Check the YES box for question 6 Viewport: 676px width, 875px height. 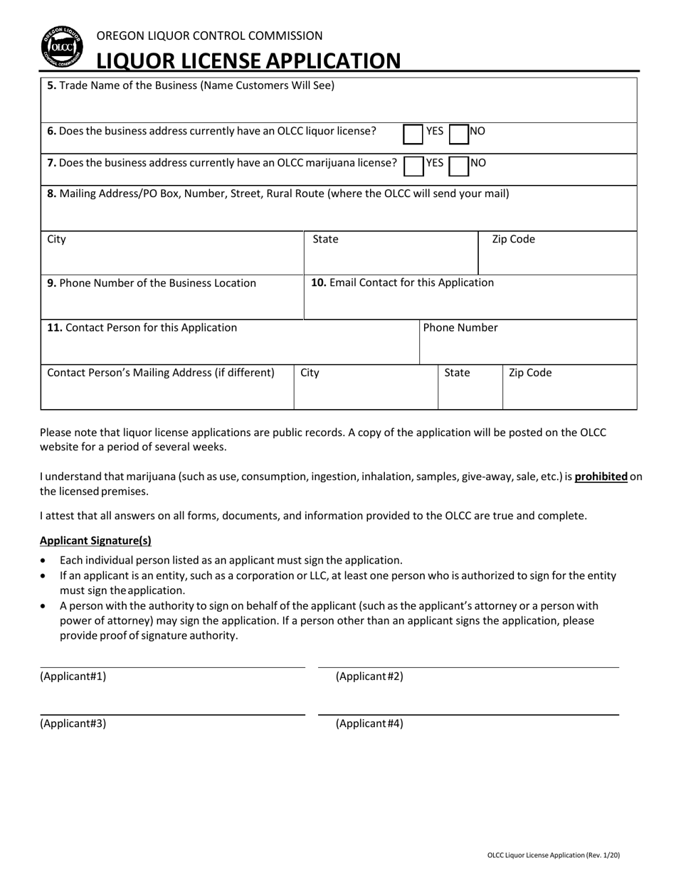(413, 134)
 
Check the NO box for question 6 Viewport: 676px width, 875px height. (459, 134)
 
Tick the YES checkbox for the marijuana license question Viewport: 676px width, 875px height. (413, 166)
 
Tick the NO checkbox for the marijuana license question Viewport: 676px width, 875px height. (459, 166)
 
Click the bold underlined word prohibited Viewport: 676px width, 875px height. (601, 477)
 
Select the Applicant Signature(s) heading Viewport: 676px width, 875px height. (95, 540)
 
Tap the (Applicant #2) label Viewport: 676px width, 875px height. (369, 677)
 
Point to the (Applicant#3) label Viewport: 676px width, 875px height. (73, 724)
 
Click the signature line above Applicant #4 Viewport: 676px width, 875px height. (468, 714)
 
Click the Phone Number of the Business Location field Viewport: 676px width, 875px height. (172, 302)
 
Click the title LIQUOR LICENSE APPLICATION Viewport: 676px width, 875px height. (248, 60)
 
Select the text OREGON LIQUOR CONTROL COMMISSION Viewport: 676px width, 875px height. (209, 36)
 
